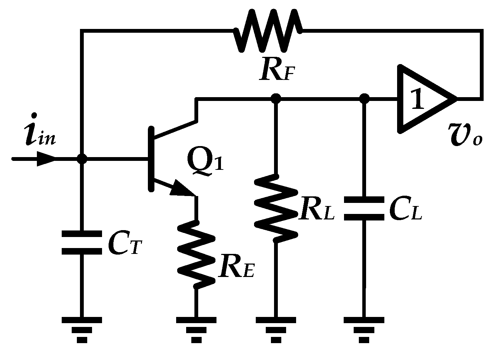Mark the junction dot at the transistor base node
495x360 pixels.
point(82,159)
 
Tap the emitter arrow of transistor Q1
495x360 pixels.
point(183,189)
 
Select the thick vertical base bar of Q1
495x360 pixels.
point(151,158)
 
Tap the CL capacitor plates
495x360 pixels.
point(364,208)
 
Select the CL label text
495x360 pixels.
point(405,208)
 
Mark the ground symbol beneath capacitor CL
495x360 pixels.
point(364,329)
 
